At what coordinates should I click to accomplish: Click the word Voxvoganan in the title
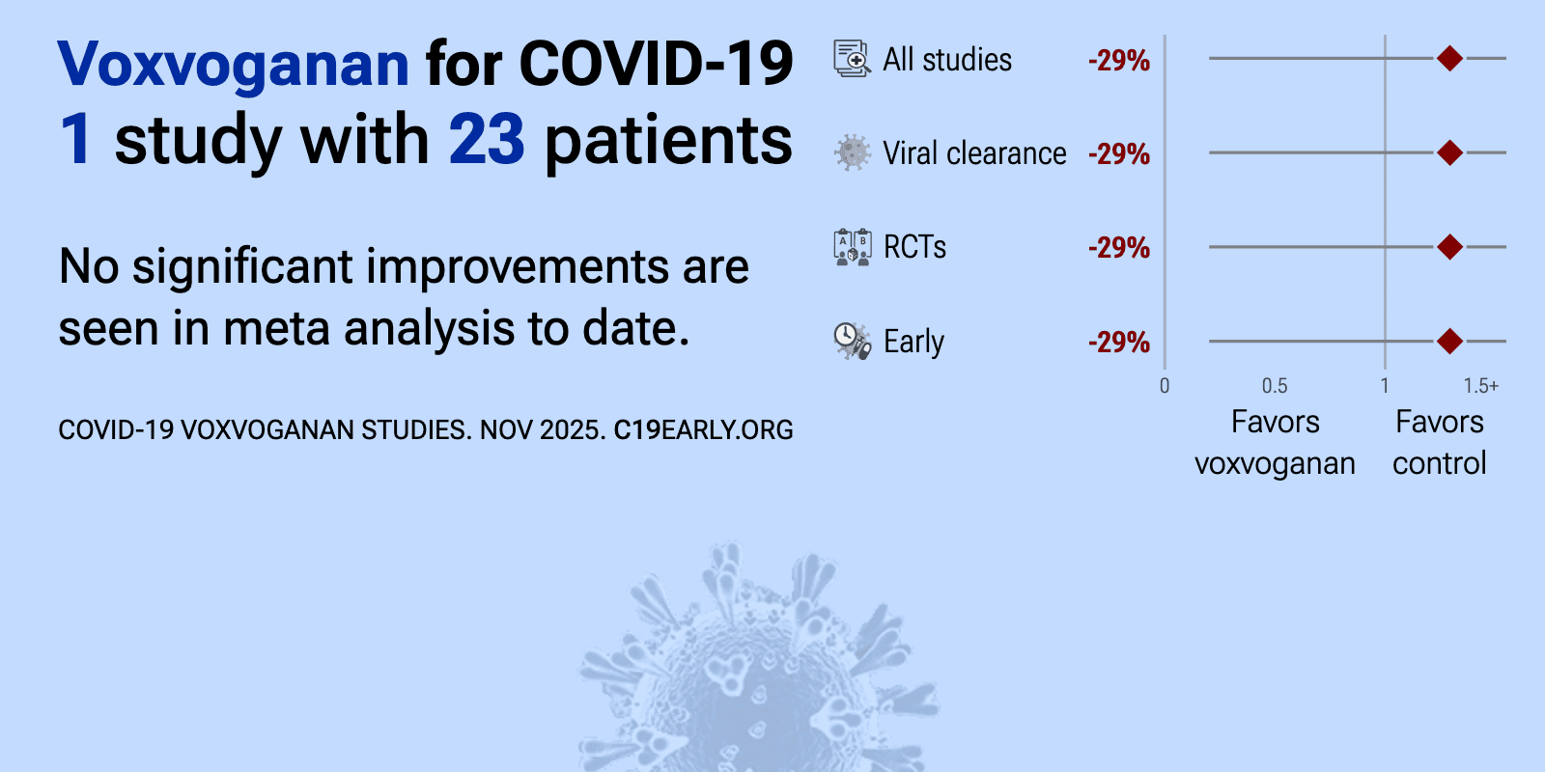tap(233, 64)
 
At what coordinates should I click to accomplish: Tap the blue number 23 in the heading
tap(487, 140)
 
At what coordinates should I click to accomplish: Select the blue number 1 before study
tap(75, 140)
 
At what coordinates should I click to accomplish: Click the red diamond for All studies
tap(1449, 59)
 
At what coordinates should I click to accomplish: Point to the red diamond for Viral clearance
tap(1449, 152)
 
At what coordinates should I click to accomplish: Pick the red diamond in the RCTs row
tap(1449, 247)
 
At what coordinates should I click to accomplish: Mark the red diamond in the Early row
tap(1449, 341)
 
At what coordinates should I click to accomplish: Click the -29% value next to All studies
tap(1119, 61)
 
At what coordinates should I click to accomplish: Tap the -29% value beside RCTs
tap(1119, 248)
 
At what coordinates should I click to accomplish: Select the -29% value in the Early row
tap(1119, 343)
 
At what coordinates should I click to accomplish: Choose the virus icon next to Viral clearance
tap(853, 152)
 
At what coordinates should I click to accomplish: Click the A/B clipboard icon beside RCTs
tap(853, 247)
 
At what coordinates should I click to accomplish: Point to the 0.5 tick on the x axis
tap(1275, 386)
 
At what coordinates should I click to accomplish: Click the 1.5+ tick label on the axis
tap(1481, 386)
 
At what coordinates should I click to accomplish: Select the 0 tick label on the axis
tap(1165, 386)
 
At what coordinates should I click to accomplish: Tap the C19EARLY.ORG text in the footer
tap(704, 430)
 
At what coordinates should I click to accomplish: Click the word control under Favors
tap(1440, 463)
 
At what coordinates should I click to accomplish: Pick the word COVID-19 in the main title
tap(656, 64)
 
